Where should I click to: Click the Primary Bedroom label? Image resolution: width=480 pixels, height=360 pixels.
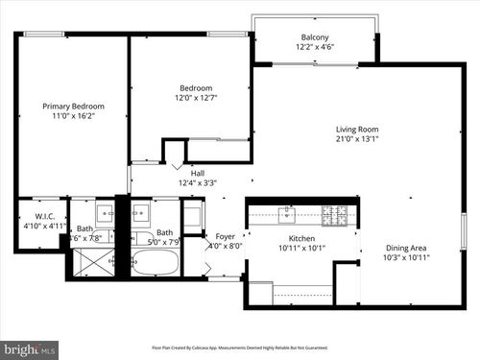click(x=73, y=106)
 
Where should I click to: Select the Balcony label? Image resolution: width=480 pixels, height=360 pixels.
click(x=314, y=37)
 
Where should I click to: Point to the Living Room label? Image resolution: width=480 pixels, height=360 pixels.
click(x=356, y=130)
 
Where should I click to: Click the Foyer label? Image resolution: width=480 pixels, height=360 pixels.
click(x=225, y=235)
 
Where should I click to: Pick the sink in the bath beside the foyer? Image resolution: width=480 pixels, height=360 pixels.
click(x=139, y=213)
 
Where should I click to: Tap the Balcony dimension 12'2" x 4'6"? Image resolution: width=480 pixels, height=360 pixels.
click(x=314, y=48)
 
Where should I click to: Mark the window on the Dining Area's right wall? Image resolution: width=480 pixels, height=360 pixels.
click(x=463, y=230)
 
